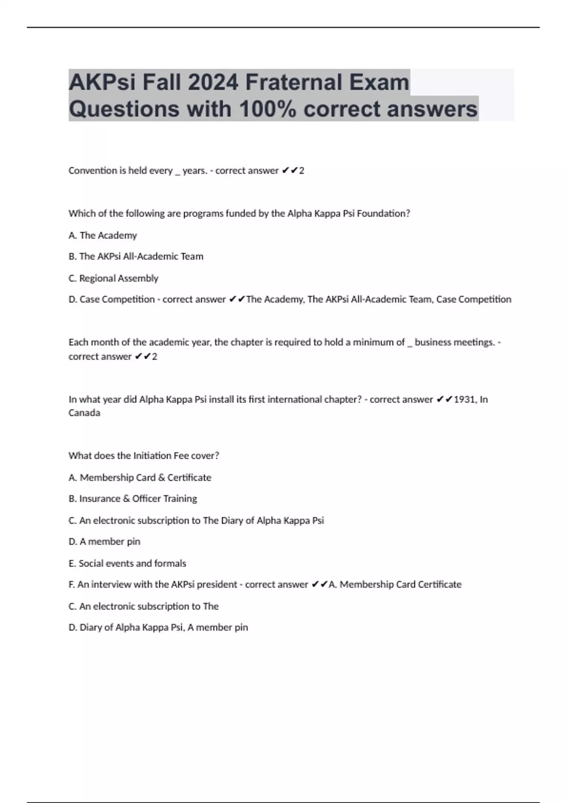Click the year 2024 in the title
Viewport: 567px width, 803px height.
coord(213,82)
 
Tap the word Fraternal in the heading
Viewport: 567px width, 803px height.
coord(293,82)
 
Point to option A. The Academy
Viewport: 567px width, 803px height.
coord(103,235)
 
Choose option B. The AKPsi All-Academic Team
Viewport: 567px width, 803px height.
coord(136,256)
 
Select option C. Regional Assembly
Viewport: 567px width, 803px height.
coord(113,278)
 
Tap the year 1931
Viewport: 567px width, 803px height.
coord(464,400)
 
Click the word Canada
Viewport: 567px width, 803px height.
coord(84,413)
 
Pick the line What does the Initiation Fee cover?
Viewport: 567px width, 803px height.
coord(144,456)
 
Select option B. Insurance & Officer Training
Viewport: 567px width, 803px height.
coord(132,499)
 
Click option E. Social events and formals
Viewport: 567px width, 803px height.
coord(127,564)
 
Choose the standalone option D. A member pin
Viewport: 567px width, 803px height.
coord(104,542)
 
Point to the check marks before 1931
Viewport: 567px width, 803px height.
coord(444,400)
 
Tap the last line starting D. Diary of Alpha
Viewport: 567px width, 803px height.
coord(158,628)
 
